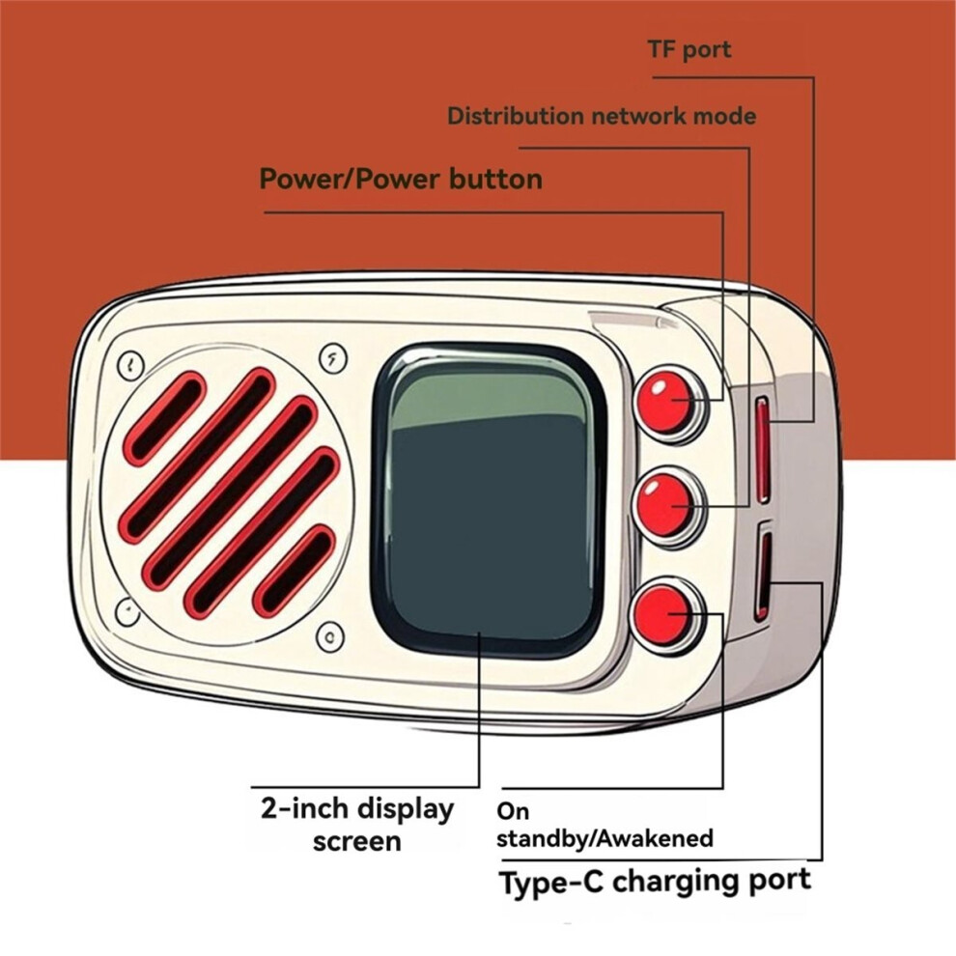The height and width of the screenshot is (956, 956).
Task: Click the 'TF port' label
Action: [x=689, y=50]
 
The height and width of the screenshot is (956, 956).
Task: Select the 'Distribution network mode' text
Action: [x=601, y=117]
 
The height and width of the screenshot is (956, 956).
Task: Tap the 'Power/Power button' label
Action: [x=401, y=179]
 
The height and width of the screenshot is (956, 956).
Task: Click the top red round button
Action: [x=668, y=403]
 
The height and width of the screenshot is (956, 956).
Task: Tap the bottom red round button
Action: [x=665, y=615]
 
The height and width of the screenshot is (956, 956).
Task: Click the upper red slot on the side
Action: [x=763, y=449]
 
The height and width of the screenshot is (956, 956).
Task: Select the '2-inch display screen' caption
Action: [x=356, y=824]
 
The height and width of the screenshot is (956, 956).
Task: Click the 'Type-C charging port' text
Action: [x=655, y=882]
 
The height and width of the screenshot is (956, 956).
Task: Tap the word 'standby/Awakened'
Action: [x=605, y=837]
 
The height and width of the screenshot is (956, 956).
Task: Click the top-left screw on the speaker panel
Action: [x=130, y=364]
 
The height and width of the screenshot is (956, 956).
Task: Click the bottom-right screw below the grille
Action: [x=330, y=635]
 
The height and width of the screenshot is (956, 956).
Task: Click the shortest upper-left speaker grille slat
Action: [x=165, y=416]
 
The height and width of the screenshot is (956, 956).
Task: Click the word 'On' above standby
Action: [x=513, y=811]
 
